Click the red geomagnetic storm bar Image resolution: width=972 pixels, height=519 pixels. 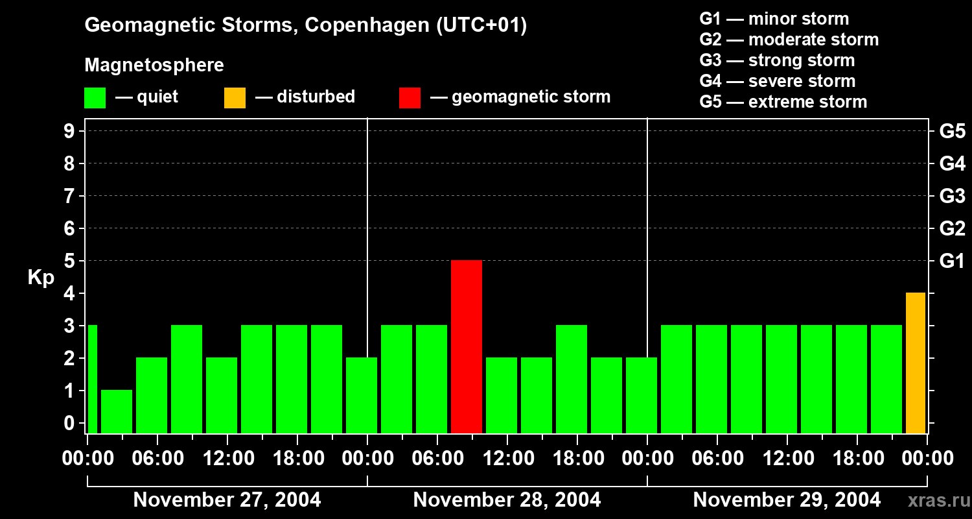pos(467,346)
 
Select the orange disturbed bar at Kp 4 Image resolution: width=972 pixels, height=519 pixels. pos(915,363)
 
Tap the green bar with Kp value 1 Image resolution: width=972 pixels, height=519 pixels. pos(117,411)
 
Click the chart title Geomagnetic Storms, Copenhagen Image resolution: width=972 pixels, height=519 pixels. pos(305,25)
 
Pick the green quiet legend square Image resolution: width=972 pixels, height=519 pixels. pos(95,98)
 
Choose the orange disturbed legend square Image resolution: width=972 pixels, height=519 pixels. pos(235,98)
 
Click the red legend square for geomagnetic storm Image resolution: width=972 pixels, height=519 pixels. pos(410,98)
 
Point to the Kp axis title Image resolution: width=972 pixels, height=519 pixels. pos(41,277)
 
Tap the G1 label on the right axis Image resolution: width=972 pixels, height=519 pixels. pos(952,261)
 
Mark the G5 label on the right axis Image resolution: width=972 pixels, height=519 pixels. pos(952,132)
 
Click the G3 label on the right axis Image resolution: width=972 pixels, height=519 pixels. pos(952,197)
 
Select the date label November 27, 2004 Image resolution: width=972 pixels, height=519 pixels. pos(227,500)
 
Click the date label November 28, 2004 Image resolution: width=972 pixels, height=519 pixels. pos(507,500)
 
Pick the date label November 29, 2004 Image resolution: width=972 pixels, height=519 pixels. pos(787,500)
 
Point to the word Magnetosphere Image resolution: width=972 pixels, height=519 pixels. pos(154,66)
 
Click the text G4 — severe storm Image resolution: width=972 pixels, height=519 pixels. pos(777,81)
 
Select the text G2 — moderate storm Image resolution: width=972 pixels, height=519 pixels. pos(789,40)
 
